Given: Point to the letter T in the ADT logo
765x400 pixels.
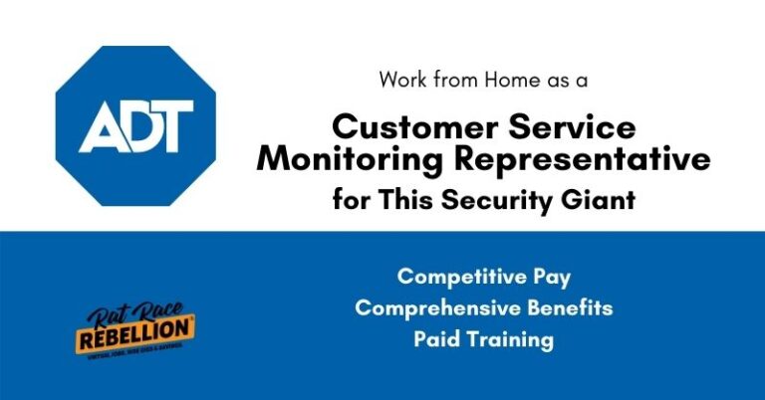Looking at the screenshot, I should (175, 126).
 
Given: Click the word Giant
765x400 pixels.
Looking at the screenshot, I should (601, 199).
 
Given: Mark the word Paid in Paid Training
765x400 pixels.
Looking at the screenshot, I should (435, 339).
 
